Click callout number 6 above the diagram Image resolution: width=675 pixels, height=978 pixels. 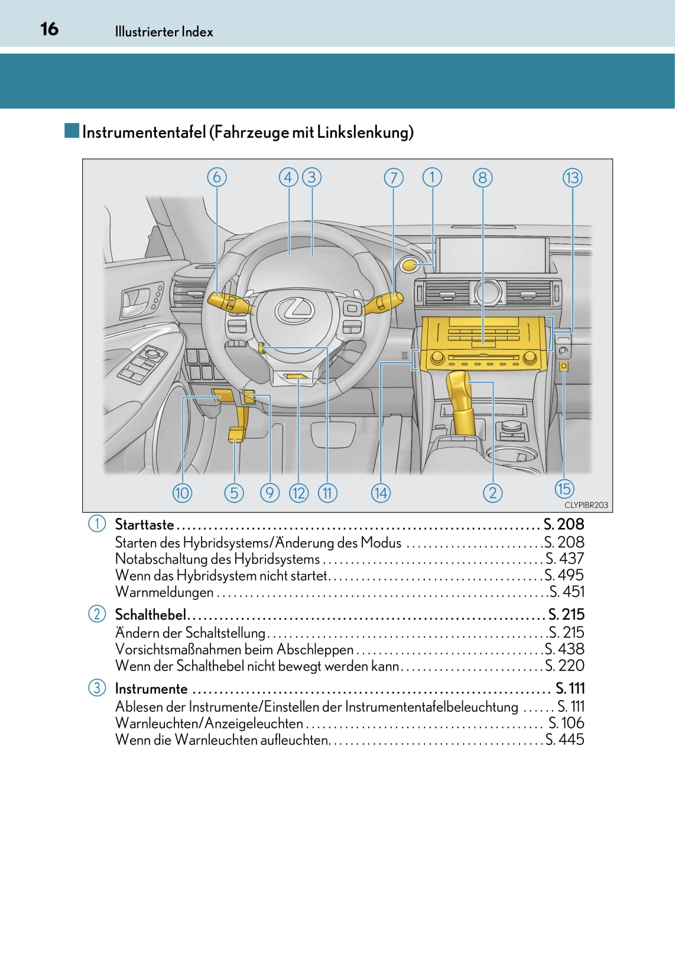point(217,177)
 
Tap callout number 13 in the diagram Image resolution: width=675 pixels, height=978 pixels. point(572,178)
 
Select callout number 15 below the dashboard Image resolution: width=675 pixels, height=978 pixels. point(564,489)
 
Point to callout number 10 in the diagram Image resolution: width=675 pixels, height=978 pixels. point(182,493)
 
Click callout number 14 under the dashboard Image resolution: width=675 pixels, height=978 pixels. point(381,493)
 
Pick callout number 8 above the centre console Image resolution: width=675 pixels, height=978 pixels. point(482,178)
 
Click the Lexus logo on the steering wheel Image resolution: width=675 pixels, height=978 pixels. point(294,310)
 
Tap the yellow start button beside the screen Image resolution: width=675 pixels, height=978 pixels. point(410,265)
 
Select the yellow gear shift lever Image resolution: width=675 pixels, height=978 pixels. point(462,402)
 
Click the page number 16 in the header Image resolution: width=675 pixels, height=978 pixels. point(50,29)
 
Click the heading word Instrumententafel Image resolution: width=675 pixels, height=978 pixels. point(144,132)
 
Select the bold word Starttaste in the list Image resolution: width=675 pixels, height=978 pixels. point(144,524)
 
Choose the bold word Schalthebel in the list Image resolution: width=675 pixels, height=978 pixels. point(150,615)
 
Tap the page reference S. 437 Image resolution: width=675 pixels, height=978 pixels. point(564,559)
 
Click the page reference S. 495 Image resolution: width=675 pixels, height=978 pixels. point(564,575)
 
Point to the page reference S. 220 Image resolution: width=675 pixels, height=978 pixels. point(564,666)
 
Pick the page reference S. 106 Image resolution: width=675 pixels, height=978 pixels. point(566,723)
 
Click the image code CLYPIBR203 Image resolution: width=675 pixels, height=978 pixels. point(586,505)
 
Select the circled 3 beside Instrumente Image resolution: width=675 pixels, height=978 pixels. point(96,688)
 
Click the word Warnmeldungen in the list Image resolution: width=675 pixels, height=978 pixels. point(164,592)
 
